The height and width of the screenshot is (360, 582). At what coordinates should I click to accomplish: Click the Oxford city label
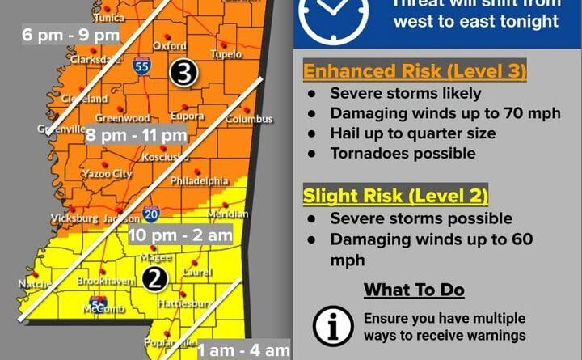pyautogui.click(x=170, y=46)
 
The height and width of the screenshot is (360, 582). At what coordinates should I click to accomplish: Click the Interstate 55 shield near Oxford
pyautogui.click(x=141, y=68)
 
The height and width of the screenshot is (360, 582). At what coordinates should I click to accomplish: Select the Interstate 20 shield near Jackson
pyautogui.click(x=150, y=214)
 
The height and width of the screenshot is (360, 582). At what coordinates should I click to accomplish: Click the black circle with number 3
pyautogui.click(x=184, y=73)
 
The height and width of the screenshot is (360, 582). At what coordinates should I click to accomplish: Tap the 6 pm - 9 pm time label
pyautogui.click(x=72, y=36)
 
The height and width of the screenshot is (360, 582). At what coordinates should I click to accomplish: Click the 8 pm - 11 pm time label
pyautogui.click(x=137, y=134)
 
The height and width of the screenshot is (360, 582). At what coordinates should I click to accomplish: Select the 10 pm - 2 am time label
pyautogui.click(x=180, y=235)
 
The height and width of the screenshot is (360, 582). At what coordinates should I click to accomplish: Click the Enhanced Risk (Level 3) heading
pyautogui.click(x=415, y=71)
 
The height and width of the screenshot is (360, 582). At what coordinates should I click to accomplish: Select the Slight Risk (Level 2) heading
pyautogui.click(x=396, y=196)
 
